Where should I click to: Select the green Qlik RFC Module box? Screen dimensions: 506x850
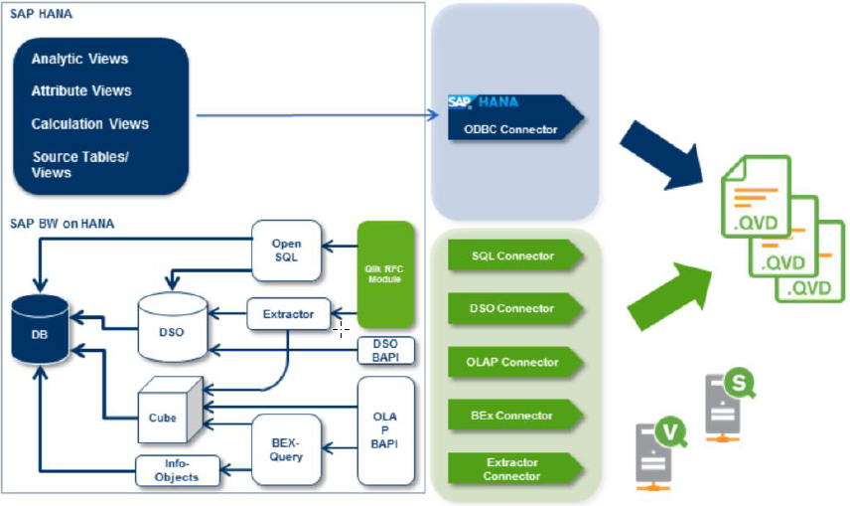pyautogui.click(x=385, y=274)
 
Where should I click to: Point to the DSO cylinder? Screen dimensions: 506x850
pyautogui.click(x=171, y=324)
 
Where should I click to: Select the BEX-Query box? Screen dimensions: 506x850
pyautogui.click(x=285, y=448)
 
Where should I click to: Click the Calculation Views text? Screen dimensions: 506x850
pyautogui.click(x=90, y=124)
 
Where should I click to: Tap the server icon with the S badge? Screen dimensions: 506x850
pyautogui.click(x=728, y=403)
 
